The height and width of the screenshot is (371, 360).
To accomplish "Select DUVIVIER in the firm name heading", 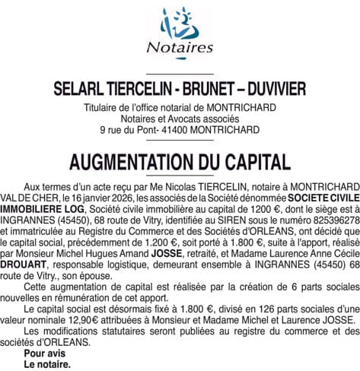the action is tap(269, 88).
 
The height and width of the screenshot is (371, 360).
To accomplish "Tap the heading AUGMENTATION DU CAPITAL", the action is tap(180, 162).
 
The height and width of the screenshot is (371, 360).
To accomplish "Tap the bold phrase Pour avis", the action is tap(43, 353).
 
